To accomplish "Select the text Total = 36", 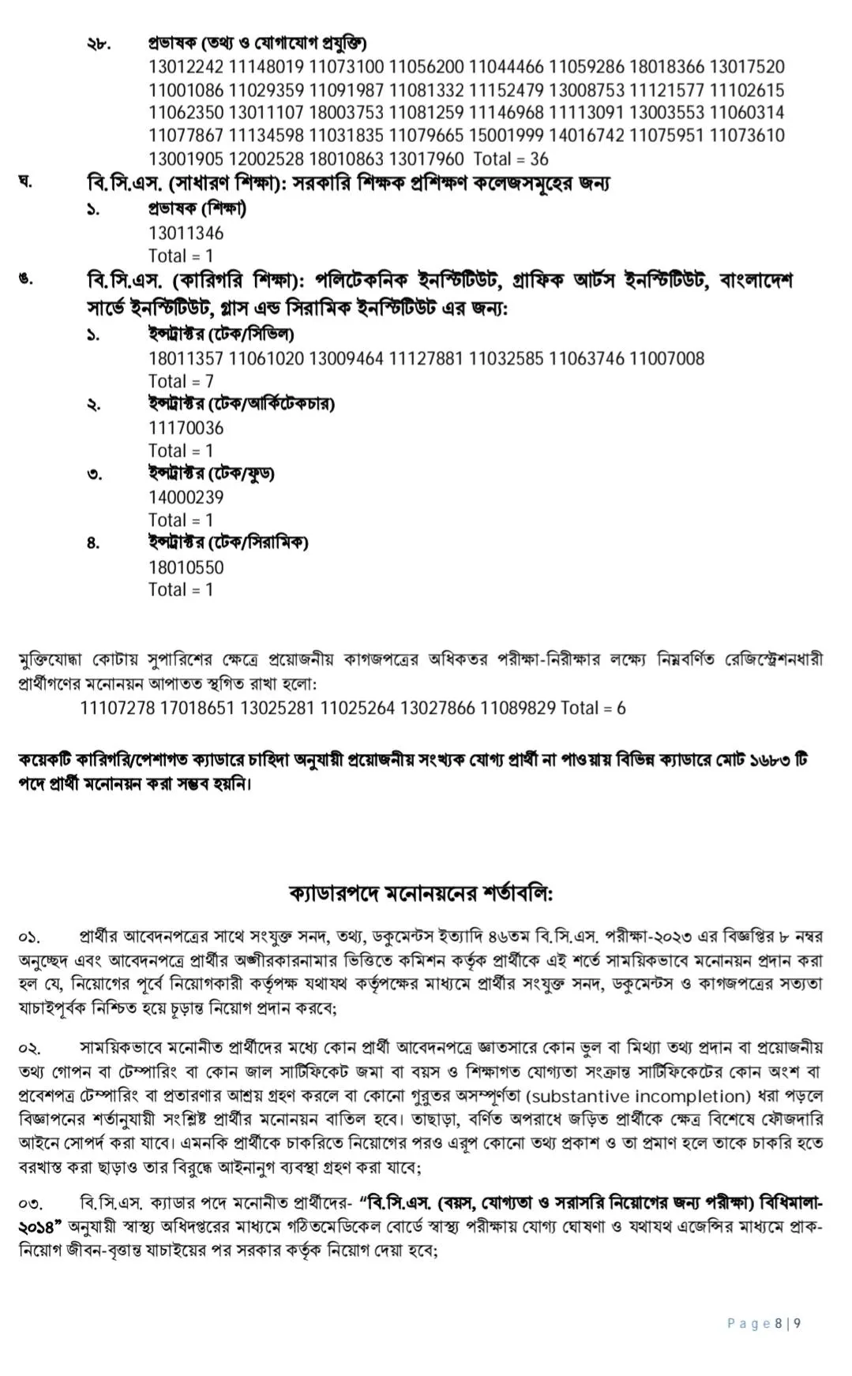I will [x=510, y=159].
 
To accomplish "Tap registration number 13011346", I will [x=186, y=234].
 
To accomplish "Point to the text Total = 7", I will [x=181, y=382].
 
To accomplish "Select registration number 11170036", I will [x=186, y=428].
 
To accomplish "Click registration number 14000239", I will [x=186, y=498].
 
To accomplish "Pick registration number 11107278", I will [x=118, y=709].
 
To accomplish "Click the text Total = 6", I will [x=593, y=709].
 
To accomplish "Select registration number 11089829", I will [x=518, y=709].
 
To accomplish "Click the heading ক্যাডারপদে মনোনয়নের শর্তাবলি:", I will [x=421, y=895].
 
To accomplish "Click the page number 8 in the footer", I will [x=778, y=1323].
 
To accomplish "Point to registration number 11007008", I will [x=667, y=359].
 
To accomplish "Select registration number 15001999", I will [x=507, y=136].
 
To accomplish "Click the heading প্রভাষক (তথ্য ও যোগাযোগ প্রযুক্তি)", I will [x=257, y=43].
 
